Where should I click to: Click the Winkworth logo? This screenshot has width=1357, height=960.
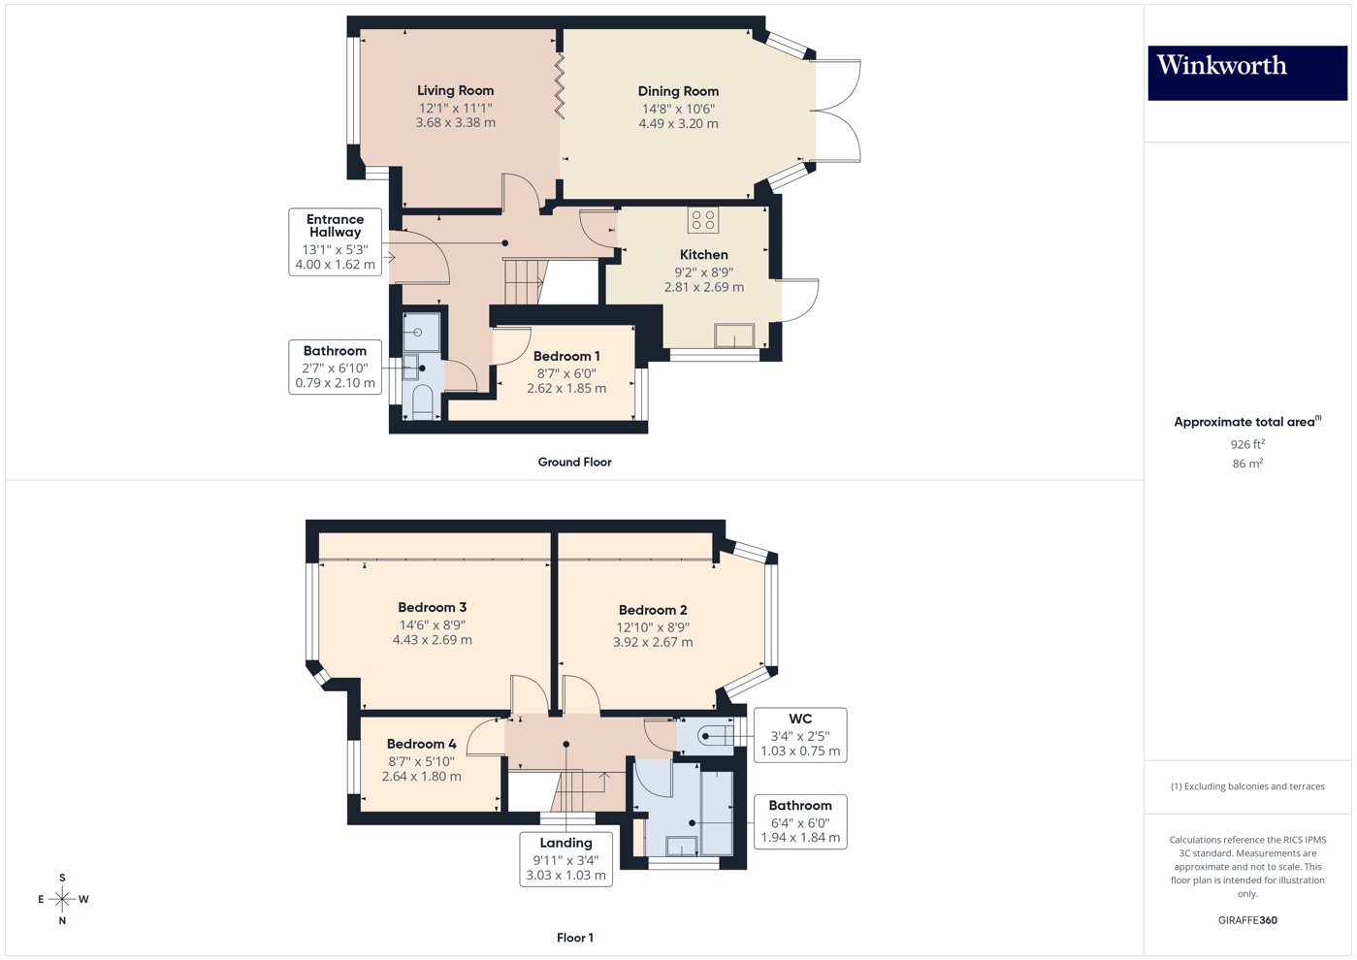[x=1246, y=73]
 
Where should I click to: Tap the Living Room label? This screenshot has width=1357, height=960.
[x=455, y=90]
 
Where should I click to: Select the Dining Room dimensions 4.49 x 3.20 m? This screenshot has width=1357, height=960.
[x=678, y=124]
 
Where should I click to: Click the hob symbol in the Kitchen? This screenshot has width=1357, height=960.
[x=703, y=220]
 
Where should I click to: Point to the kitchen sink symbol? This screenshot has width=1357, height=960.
[x=734, y=336]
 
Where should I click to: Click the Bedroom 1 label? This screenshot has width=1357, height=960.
[x=566, y=356]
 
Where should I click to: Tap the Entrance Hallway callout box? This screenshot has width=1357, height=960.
[x=335, y=242]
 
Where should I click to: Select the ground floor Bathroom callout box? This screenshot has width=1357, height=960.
[x=335, y=367]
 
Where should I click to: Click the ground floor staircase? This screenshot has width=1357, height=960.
[x=524, y=281]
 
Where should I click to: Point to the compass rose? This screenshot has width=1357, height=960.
[x=62, y=899]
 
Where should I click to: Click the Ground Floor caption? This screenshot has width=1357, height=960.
[x=574, y=463]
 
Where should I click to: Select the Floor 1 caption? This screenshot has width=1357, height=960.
[x=574, y=938]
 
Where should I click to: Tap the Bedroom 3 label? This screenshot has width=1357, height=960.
[x=432, y=607]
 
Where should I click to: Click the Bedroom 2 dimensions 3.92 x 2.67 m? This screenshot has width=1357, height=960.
[x=653, y=642]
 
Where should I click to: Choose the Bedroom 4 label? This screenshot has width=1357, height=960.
[x=421, y=744]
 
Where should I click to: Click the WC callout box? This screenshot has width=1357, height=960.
[x=800, y=735]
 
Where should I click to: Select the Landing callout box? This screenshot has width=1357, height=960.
[x=565, y=859]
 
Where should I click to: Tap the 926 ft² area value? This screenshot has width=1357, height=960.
[x=1247, y=444]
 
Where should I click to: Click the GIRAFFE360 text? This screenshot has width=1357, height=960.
[x=1247, y=920]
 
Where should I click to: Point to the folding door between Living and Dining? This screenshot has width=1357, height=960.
[x=560, y=87]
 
